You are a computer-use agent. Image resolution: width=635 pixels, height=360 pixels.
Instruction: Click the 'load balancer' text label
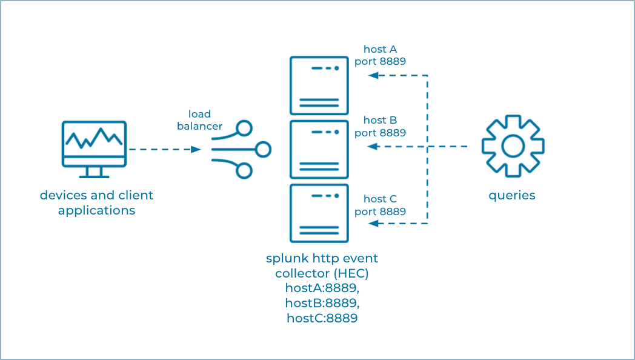[x=200, y=120]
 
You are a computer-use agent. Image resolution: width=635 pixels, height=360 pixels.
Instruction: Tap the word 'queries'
[x=512, y=195]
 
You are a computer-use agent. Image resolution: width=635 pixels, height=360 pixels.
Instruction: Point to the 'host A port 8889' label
[x=381, y=55]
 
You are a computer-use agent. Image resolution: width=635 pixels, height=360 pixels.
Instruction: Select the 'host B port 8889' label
[x=381, y=126]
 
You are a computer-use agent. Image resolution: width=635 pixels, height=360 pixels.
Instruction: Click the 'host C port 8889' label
[x=381, y=205]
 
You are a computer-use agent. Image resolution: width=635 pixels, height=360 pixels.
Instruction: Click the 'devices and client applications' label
[x=96, y=202]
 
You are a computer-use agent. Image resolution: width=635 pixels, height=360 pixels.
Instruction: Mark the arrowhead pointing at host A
[x=373, y=75]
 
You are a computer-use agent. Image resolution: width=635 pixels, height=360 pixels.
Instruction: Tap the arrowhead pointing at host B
[x=373, y=147]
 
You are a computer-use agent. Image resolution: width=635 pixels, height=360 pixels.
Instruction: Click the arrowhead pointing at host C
[x=373, y=223]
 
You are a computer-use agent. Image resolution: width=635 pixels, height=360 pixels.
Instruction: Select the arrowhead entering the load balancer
[x=196, y=150]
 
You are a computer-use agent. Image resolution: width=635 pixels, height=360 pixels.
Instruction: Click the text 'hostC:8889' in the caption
[x=322, y=318]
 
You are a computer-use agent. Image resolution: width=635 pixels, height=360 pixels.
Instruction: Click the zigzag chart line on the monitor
[x=94, y=138]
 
